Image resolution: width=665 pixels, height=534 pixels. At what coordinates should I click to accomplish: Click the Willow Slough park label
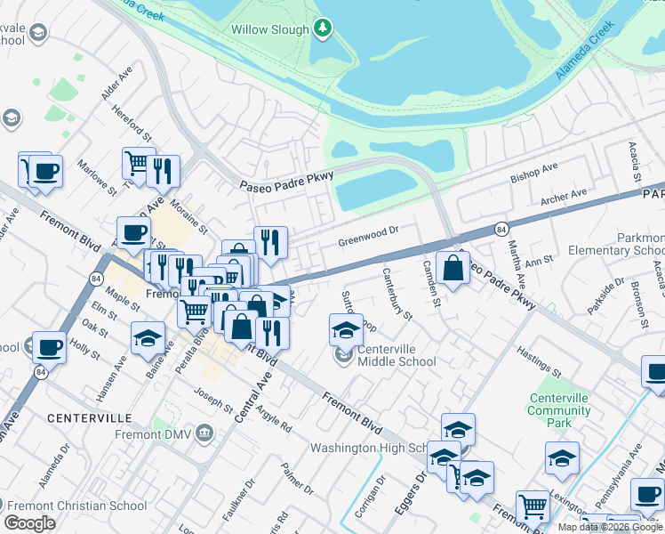point(269,29)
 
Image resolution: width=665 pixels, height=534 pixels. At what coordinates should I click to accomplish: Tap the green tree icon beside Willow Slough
point(322,29)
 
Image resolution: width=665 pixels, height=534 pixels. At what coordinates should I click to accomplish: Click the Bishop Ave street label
point(533,173)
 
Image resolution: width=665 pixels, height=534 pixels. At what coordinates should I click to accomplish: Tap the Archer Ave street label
point(564,195)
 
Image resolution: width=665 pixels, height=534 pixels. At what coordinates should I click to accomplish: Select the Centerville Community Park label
point(558,410)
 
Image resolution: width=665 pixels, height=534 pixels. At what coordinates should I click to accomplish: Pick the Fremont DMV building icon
point(204,433)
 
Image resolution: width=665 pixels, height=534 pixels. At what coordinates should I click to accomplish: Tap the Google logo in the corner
point(29,523)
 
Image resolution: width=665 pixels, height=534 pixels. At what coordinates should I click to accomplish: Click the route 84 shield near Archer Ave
point(501,229)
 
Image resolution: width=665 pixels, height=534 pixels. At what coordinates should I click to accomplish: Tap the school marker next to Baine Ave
point(148,337)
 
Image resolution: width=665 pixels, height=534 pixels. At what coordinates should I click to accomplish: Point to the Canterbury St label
point(397,294)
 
